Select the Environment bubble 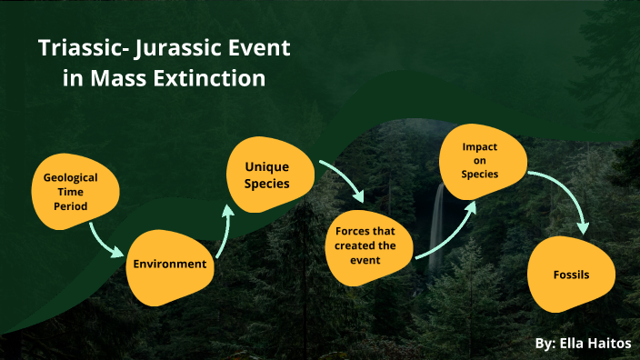[x=170, y=265]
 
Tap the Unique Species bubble [x=265, y=173]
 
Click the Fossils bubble [x=573, y=274]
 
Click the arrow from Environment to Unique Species [x=224, y=227]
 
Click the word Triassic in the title [x=78, y=48]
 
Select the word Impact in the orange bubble [x=479, y=146]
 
